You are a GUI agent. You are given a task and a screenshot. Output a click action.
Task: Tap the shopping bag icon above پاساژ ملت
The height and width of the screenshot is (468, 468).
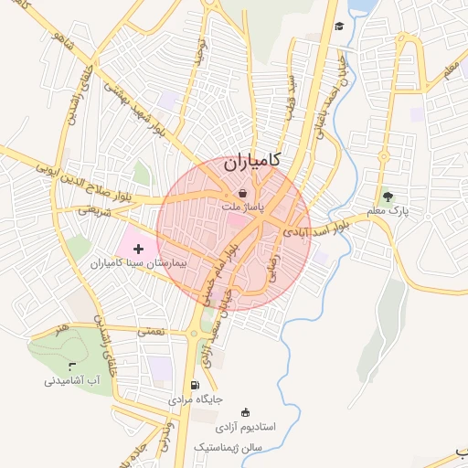click(x=242, y=193)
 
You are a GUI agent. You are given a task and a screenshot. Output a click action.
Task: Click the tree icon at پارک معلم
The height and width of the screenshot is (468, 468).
click(x=388, y=196)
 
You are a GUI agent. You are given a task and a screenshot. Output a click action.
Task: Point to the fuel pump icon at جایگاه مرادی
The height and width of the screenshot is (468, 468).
click(x=195, y=385)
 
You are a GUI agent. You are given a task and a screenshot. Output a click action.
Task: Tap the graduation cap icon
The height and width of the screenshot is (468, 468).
click(x=339, y=26)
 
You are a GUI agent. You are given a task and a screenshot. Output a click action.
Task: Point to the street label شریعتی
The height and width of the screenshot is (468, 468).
click(x=92, y=208)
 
